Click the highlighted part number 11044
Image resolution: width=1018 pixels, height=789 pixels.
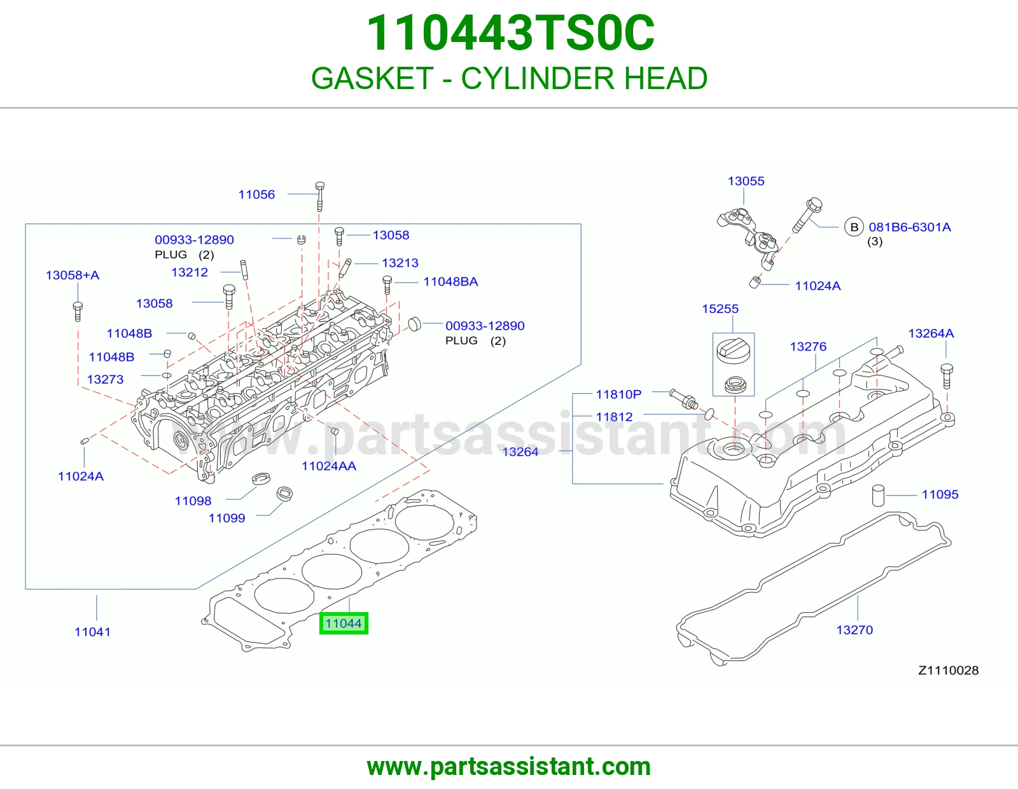pos(344,623)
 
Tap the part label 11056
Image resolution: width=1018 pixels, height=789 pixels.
pos(256,195)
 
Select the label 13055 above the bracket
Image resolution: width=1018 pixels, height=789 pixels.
pos(746,181)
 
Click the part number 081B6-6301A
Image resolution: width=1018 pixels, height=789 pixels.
pos(910,227)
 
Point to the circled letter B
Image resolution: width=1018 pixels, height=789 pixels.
pos(854,227)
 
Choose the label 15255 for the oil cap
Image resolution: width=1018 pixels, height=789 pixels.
pos(720,309)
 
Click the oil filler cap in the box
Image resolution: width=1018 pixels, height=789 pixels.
pos(733,351)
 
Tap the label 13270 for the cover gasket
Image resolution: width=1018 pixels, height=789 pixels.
pos(854,630)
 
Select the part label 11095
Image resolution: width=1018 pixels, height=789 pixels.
pos(940,494)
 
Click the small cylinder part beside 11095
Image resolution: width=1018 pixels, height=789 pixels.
pos(879,495)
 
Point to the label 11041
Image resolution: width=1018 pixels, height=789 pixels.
pos(93,632)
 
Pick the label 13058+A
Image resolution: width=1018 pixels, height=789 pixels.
pos(73,275)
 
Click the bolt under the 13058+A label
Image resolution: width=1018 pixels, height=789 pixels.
pos(78,312)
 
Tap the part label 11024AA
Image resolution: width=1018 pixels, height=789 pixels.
pos(329,466)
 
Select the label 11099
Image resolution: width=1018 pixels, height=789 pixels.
pos(227,518)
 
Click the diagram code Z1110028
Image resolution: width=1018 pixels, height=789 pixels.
pos(948,671)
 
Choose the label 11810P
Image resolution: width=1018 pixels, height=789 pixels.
pos(618,394)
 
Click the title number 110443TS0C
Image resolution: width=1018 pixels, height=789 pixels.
pos(510,33)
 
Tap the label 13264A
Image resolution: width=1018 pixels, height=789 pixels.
pos(931,333)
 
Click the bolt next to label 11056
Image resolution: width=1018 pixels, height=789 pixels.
pos(320,197)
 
